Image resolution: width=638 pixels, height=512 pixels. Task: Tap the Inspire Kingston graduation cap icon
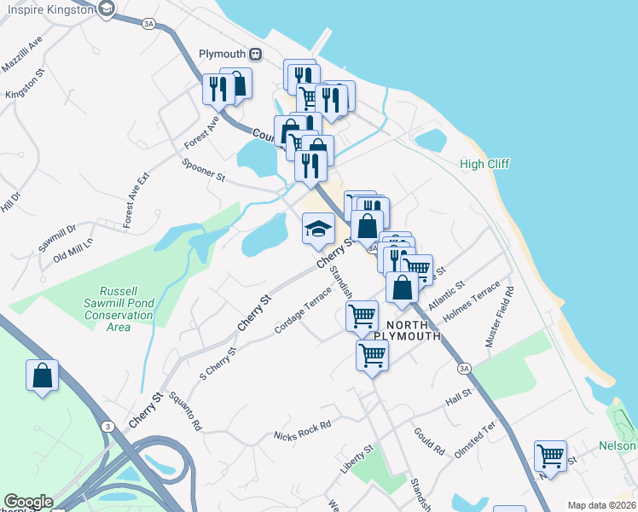(x=106, y=10)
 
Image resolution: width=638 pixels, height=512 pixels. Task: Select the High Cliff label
(x=484, y=165)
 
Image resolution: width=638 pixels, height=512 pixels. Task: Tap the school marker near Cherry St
(x=318, y=229)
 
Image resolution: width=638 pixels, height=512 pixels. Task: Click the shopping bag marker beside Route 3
(x=43, y=375)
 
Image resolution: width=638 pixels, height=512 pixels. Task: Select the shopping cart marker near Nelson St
(x=550, y=457)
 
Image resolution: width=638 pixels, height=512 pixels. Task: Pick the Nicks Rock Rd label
(x=302, y=429)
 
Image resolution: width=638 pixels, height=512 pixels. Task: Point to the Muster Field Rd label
(x=500, y=316)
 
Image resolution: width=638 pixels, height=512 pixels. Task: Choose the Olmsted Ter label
(x=475, y=439)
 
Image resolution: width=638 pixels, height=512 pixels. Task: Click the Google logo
(x=28, y=502)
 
